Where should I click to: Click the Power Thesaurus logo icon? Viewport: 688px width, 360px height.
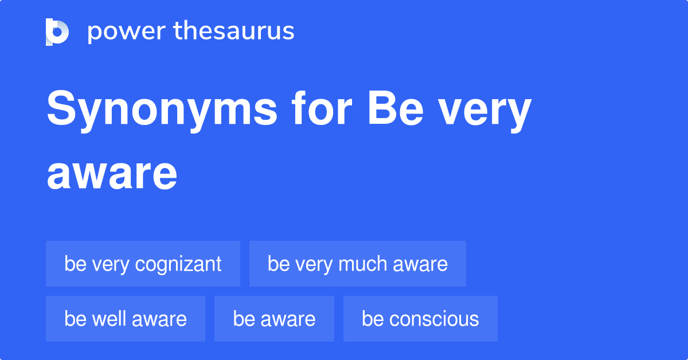click(57, 32)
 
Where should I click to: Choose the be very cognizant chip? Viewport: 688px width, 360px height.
click(143, 264)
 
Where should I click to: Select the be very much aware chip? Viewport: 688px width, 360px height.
click(357, 264)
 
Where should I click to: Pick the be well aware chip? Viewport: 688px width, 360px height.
click(125, 319)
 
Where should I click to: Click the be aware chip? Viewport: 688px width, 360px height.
click(274, 319)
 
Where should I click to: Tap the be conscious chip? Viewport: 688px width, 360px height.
click(420, 319)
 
